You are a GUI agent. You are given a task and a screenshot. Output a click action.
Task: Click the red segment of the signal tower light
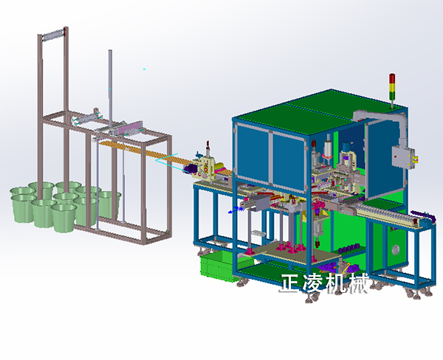coord(392,78)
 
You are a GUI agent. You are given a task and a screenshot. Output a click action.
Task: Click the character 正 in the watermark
coord(290,283)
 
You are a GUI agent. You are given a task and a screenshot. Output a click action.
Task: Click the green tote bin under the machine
coord(219,266)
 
